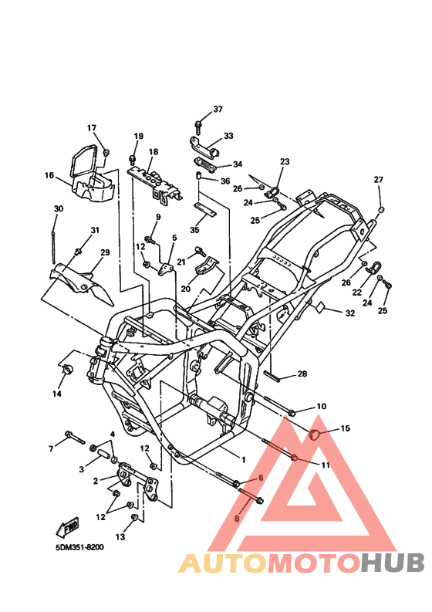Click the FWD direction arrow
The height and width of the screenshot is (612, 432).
(x=68, y=527)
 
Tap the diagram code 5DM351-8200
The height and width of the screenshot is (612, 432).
(x=79, y=547)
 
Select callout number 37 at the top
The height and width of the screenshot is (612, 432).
(x=218, y=109)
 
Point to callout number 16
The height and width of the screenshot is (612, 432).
(x=49, y=175)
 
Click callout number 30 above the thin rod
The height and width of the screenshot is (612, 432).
(x=58, y=209)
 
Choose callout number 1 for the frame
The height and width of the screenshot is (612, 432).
(x=244, y=460)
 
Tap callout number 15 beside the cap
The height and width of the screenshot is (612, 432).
(x=346, y=428)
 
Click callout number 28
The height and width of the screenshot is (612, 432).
(x=302, y=374)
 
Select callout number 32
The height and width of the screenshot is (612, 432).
(x=350, y=313)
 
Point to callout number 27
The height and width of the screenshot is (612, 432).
(x=379, y=180)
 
